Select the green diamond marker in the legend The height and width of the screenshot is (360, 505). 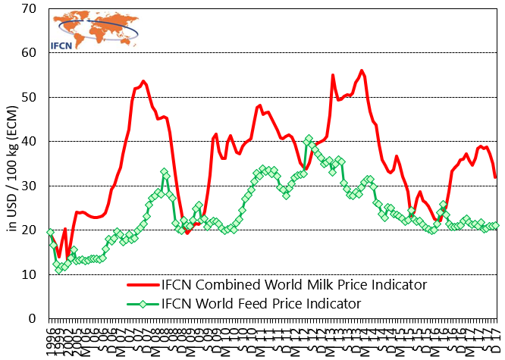coord(143,304)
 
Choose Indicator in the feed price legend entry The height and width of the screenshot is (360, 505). coord(331,304)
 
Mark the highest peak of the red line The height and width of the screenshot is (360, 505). coord(362,70)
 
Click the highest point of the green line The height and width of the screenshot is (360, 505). coord(309,139)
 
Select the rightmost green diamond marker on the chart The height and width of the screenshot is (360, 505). coord(497,225)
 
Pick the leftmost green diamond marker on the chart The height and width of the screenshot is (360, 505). coord(49,233)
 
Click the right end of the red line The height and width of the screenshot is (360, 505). coord(495,177)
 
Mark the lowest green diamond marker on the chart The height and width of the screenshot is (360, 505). coord(58,270)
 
